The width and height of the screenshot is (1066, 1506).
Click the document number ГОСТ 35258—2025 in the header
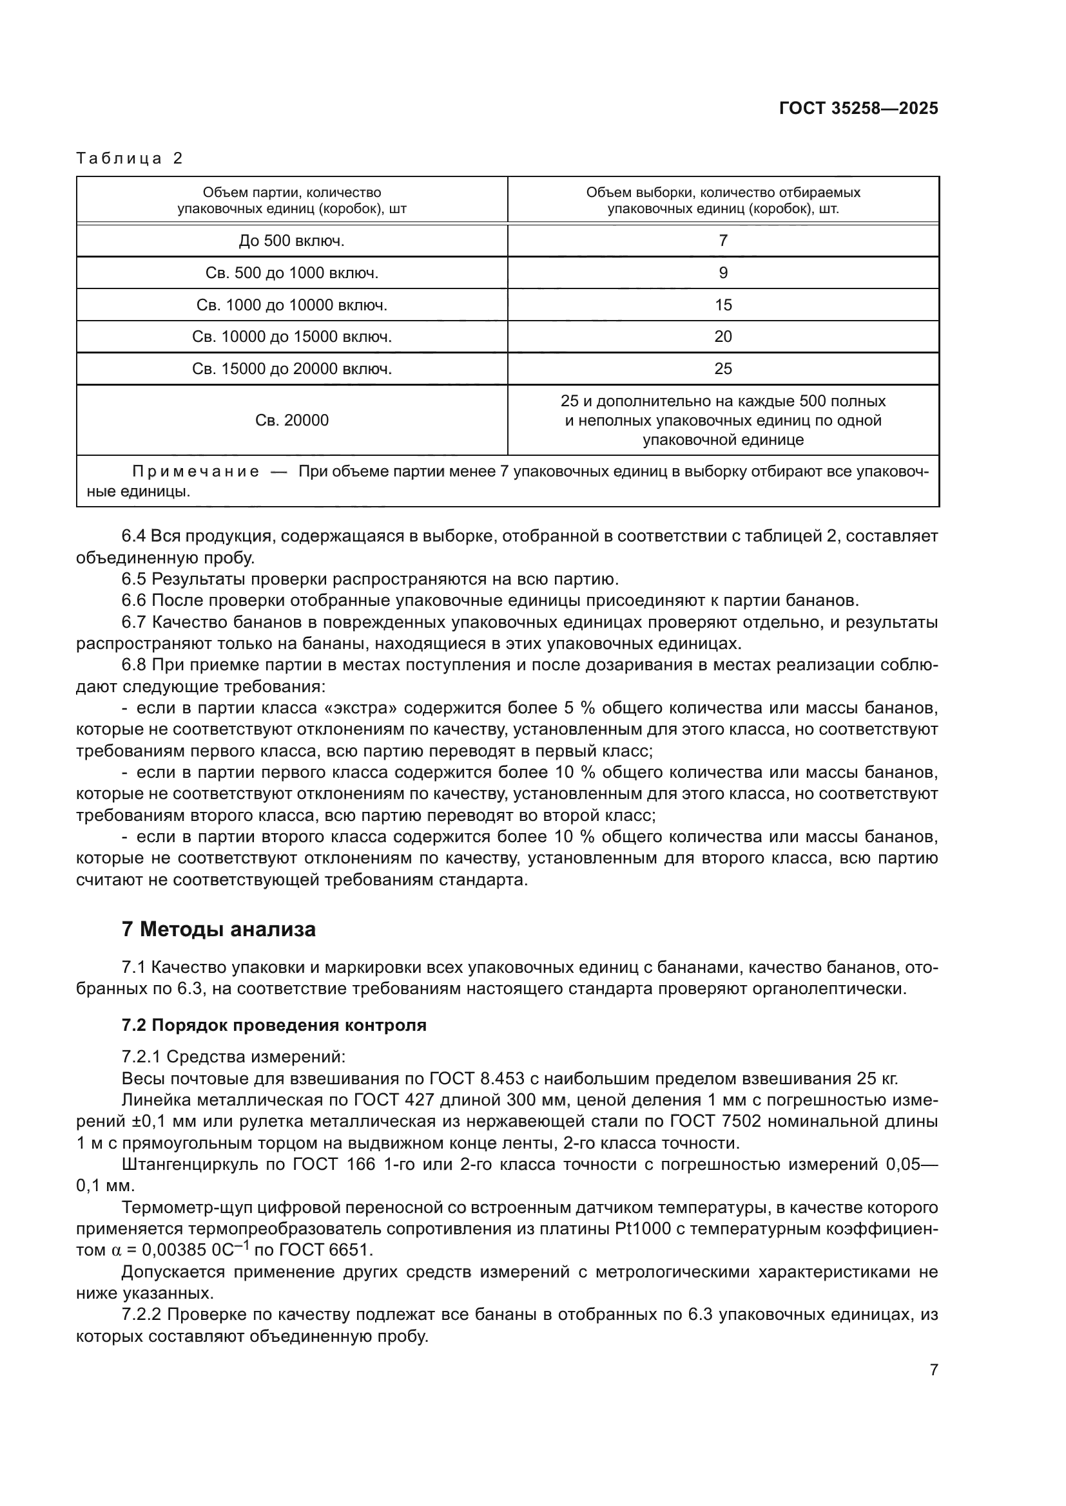[858, 109]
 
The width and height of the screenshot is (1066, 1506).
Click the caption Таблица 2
[130, 158]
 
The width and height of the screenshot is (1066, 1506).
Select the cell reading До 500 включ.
[291, 241]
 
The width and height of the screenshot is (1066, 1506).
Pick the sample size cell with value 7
[722, 241]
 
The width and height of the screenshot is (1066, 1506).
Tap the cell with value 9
[722, 273]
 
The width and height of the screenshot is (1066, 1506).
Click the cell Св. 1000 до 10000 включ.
[291, 305]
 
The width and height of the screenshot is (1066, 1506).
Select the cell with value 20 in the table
[722, 337]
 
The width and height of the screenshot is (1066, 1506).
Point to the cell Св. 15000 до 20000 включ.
[291, 369]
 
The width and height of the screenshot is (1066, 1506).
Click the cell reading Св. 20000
[291, 420]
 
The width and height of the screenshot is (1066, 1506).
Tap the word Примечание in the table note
[196, 472]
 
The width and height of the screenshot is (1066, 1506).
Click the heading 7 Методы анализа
[218, 930]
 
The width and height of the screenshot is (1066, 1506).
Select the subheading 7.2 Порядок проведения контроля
[274, 1025]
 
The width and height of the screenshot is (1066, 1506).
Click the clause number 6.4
[134, 536]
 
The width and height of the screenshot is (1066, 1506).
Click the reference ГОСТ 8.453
[477, 1079]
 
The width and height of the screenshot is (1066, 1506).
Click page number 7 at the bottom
[933, 1370]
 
